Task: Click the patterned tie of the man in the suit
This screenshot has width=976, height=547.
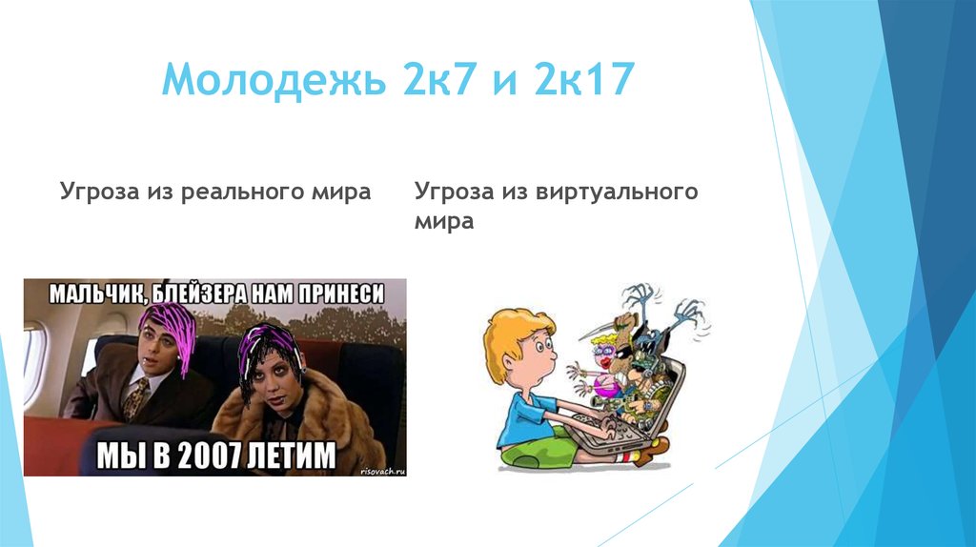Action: click(x=136, y=397)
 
